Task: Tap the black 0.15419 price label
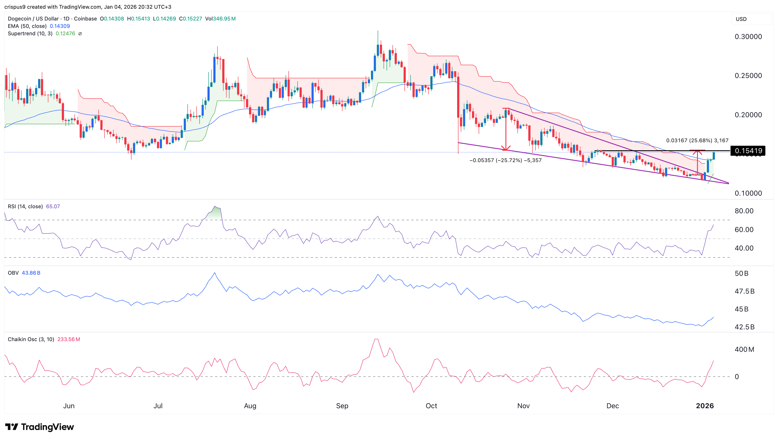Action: pos(748,151)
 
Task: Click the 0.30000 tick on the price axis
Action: pos(748,37)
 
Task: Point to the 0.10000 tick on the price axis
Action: pos(748,193)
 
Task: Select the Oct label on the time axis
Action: pos(431,406)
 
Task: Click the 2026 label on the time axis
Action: pos(705,406)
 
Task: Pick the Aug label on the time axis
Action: pos(250,406)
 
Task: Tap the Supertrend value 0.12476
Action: pos(65,34)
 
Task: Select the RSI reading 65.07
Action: pos(53,206)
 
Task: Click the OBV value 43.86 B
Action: pos(31,273)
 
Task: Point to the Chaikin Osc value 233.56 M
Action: pos(69,339)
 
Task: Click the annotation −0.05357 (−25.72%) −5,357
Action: pos(505,160)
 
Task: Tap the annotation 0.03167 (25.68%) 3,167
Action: pos(697,140)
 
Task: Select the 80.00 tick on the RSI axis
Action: pos(744,211)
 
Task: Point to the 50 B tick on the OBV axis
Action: pos(741,274)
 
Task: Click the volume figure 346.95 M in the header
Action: pos(224,19)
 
